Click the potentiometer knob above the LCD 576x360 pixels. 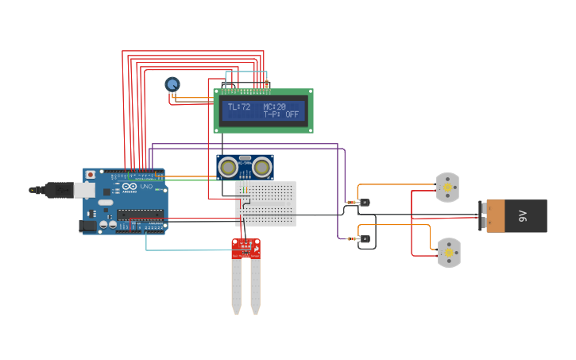(172, 84)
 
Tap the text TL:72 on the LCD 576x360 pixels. (238, 106)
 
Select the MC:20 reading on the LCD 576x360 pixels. (275, 106)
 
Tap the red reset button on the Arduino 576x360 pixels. (91, 174)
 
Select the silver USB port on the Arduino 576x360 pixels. (83, 190)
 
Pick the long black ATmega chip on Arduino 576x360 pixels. (140, 214)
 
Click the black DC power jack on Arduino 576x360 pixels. (87, 226)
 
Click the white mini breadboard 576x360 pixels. (266, 203)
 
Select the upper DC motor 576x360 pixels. (448, 188)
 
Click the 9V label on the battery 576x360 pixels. (522, 215)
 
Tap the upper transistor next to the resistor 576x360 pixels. (365, 203)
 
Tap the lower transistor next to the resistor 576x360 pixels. (365, 238)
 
